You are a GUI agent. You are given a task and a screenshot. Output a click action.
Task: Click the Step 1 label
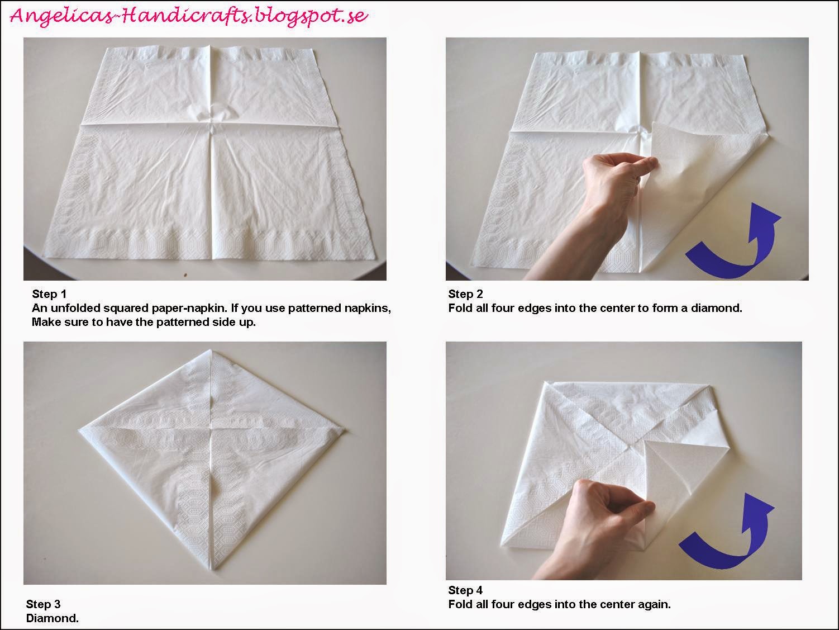(49, 294)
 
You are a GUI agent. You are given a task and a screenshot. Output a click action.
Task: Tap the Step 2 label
(465, 294)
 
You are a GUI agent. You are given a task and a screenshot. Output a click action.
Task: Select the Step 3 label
(43, 604)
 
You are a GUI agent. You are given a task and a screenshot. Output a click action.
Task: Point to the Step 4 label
(465, 590)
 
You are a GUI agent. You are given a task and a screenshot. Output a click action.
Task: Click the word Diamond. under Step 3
(53, 618)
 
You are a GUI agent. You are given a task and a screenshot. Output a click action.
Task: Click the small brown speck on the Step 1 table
(185, 274)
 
